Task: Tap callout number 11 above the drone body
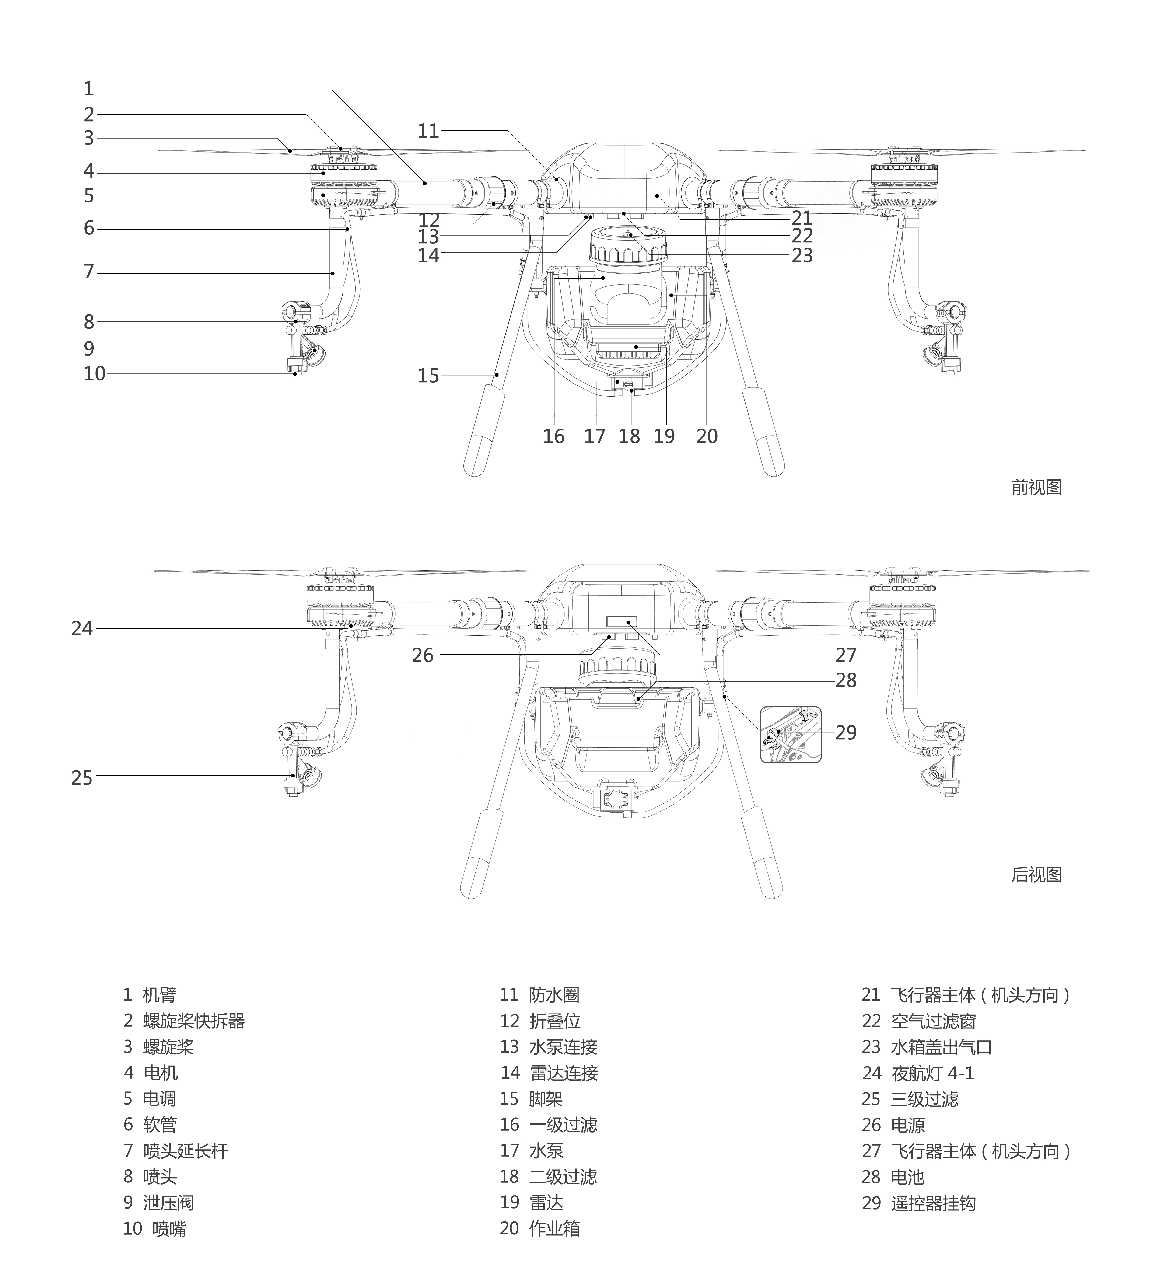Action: (x=428, y=131)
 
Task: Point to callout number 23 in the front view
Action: (x=802, y=255)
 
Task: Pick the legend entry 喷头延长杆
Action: (x=185, y=1151)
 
